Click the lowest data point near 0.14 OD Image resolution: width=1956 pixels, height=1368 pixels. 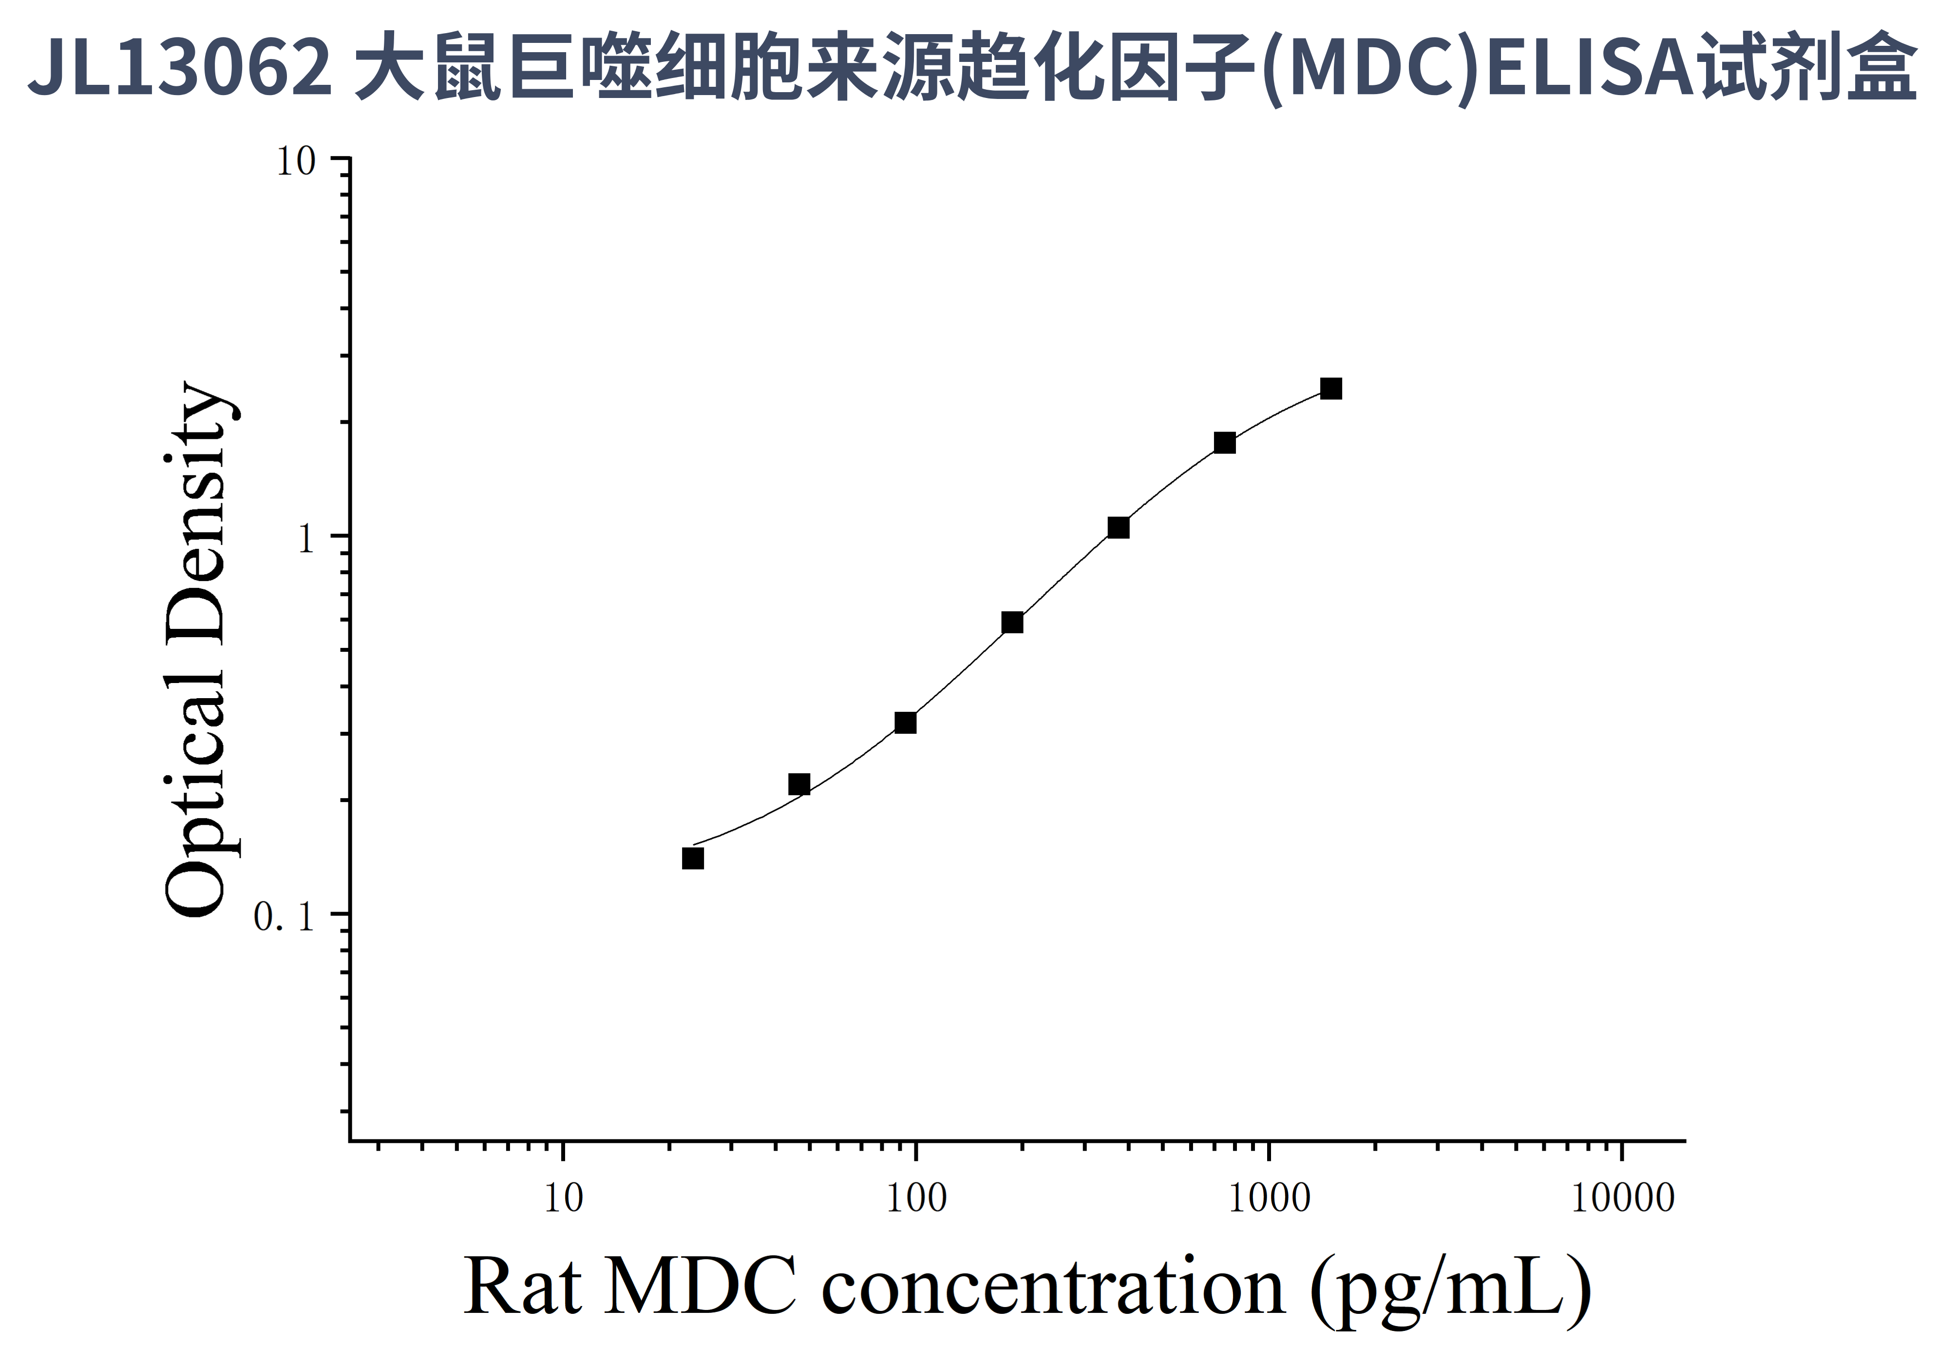point(693,859)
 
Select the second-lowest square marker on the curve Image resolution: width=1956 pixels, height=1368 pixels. point(799,784)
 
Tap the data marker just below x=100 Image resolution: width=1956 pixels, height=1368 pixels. point(906,723)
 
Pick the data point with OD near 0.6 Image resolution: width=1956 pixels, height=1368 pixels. point(1012,622)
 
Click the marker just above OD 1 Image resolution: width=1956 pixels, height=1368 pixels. point(1119,528)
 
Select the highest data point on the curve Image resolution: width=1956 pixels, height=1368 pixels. point(1330,389)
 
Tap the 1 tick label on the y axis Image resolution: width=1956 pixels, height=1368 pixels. point(307,540)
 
